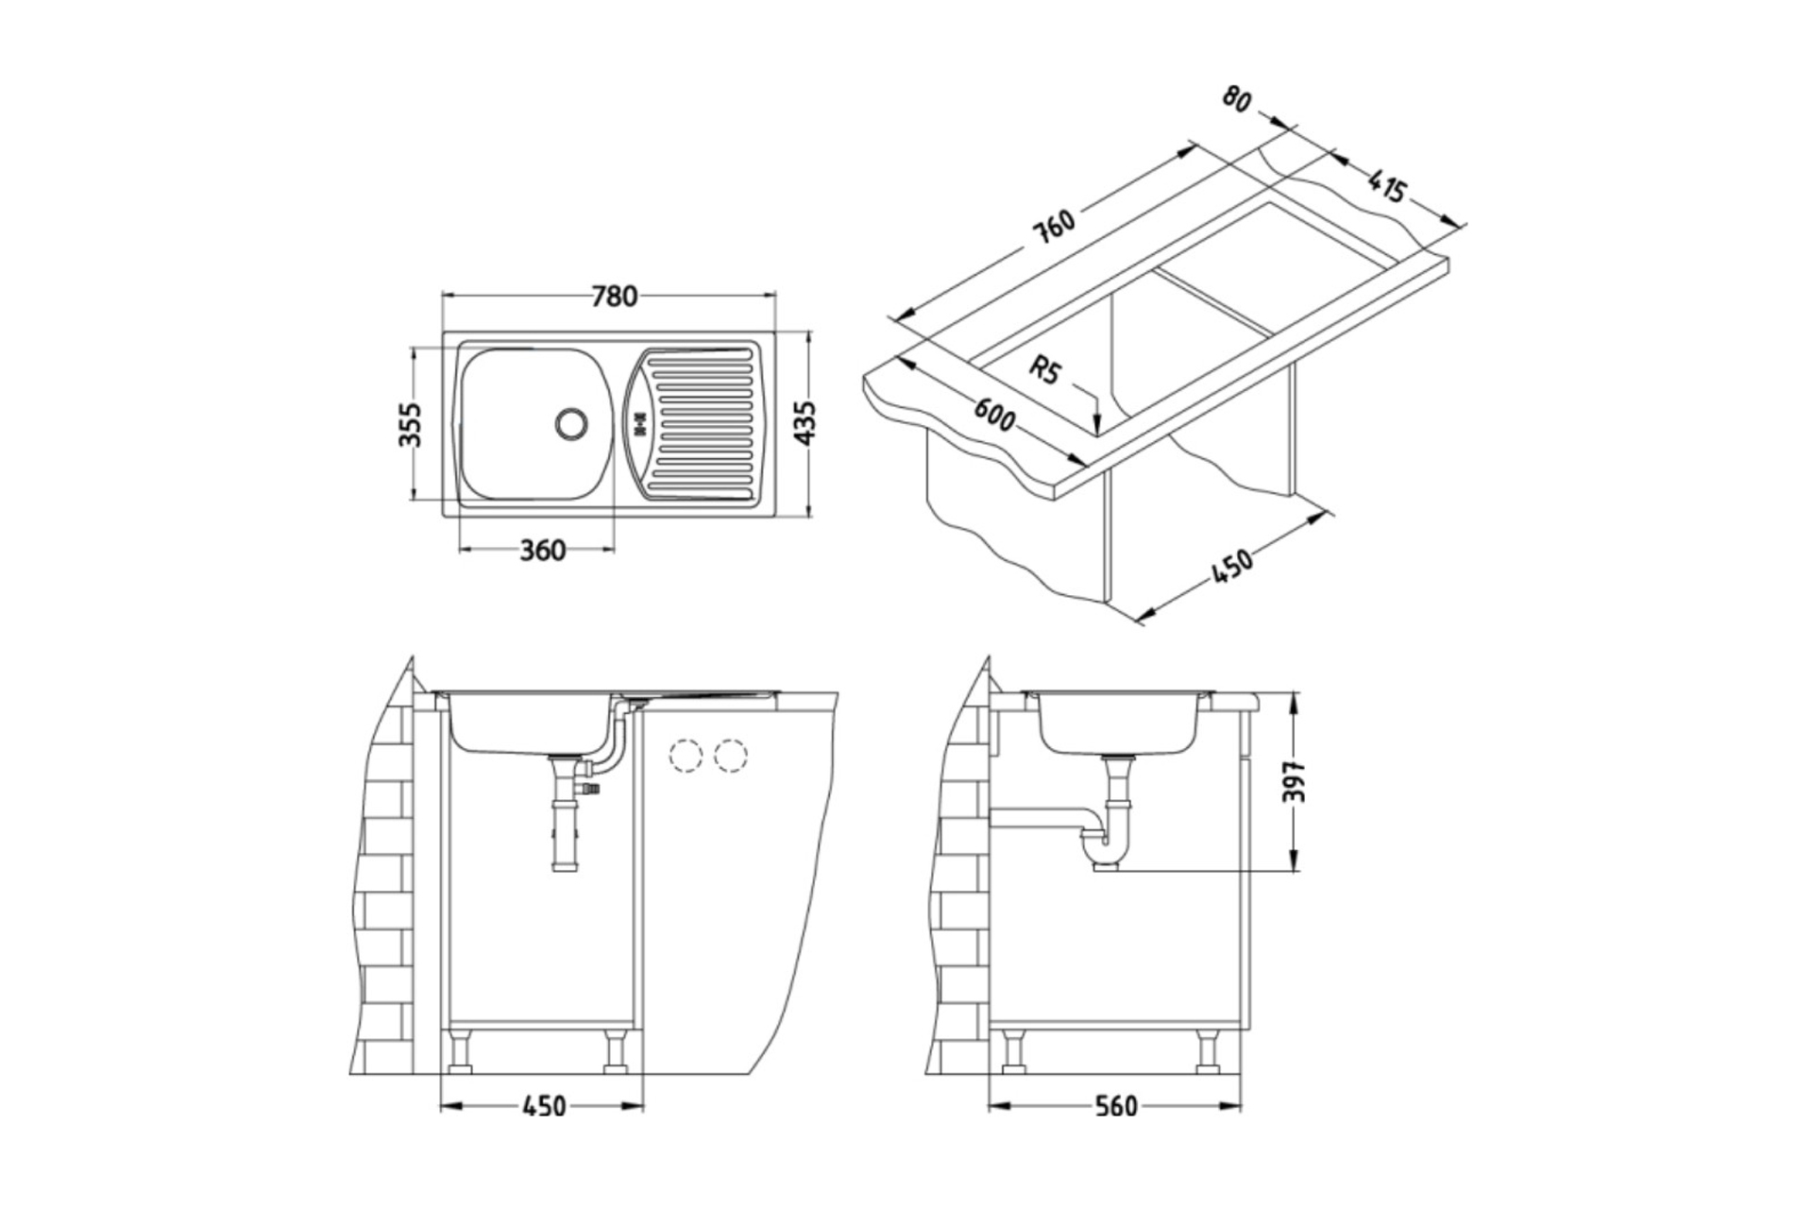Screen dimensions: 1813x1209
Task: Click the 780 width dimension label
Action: (x=614, y=297)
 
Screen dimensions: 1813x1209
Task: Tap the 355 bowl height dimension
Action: (x=410, y=425)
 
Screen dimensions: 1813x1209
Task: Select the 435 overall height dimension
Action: (x=805, y=424)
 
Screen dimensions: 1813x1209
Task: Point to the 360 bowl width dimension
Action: (x=543, y=550)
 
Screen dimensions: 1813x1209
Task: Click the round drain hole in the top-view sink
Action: (x=571, y=422)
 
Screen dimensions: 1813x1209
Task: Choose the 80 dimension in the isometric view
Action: (x=1237, y=98)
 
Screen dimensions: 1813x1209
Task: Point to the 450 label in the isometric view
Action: (x=1231, y=566)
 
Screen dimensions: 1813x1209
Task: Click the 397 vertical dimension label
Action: (x=1296, y=781)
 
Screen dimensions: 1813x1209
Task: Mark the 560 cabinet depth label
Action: (x=1116, y=1106)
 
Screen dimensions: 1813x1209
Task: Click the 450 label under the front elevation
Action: (x=544, y=1106)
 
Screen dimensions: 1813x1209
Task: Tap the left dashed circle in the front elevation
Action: (x=685, y=756)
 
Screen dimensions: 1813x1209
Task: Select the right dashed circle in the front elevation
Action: (x=731, y=756)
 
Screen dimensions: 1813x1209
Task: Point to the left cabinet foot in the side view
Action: (x=1013, y=1051)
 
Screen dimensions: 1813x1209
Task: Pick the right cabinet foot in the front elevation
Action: (x=617, y=1051)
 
